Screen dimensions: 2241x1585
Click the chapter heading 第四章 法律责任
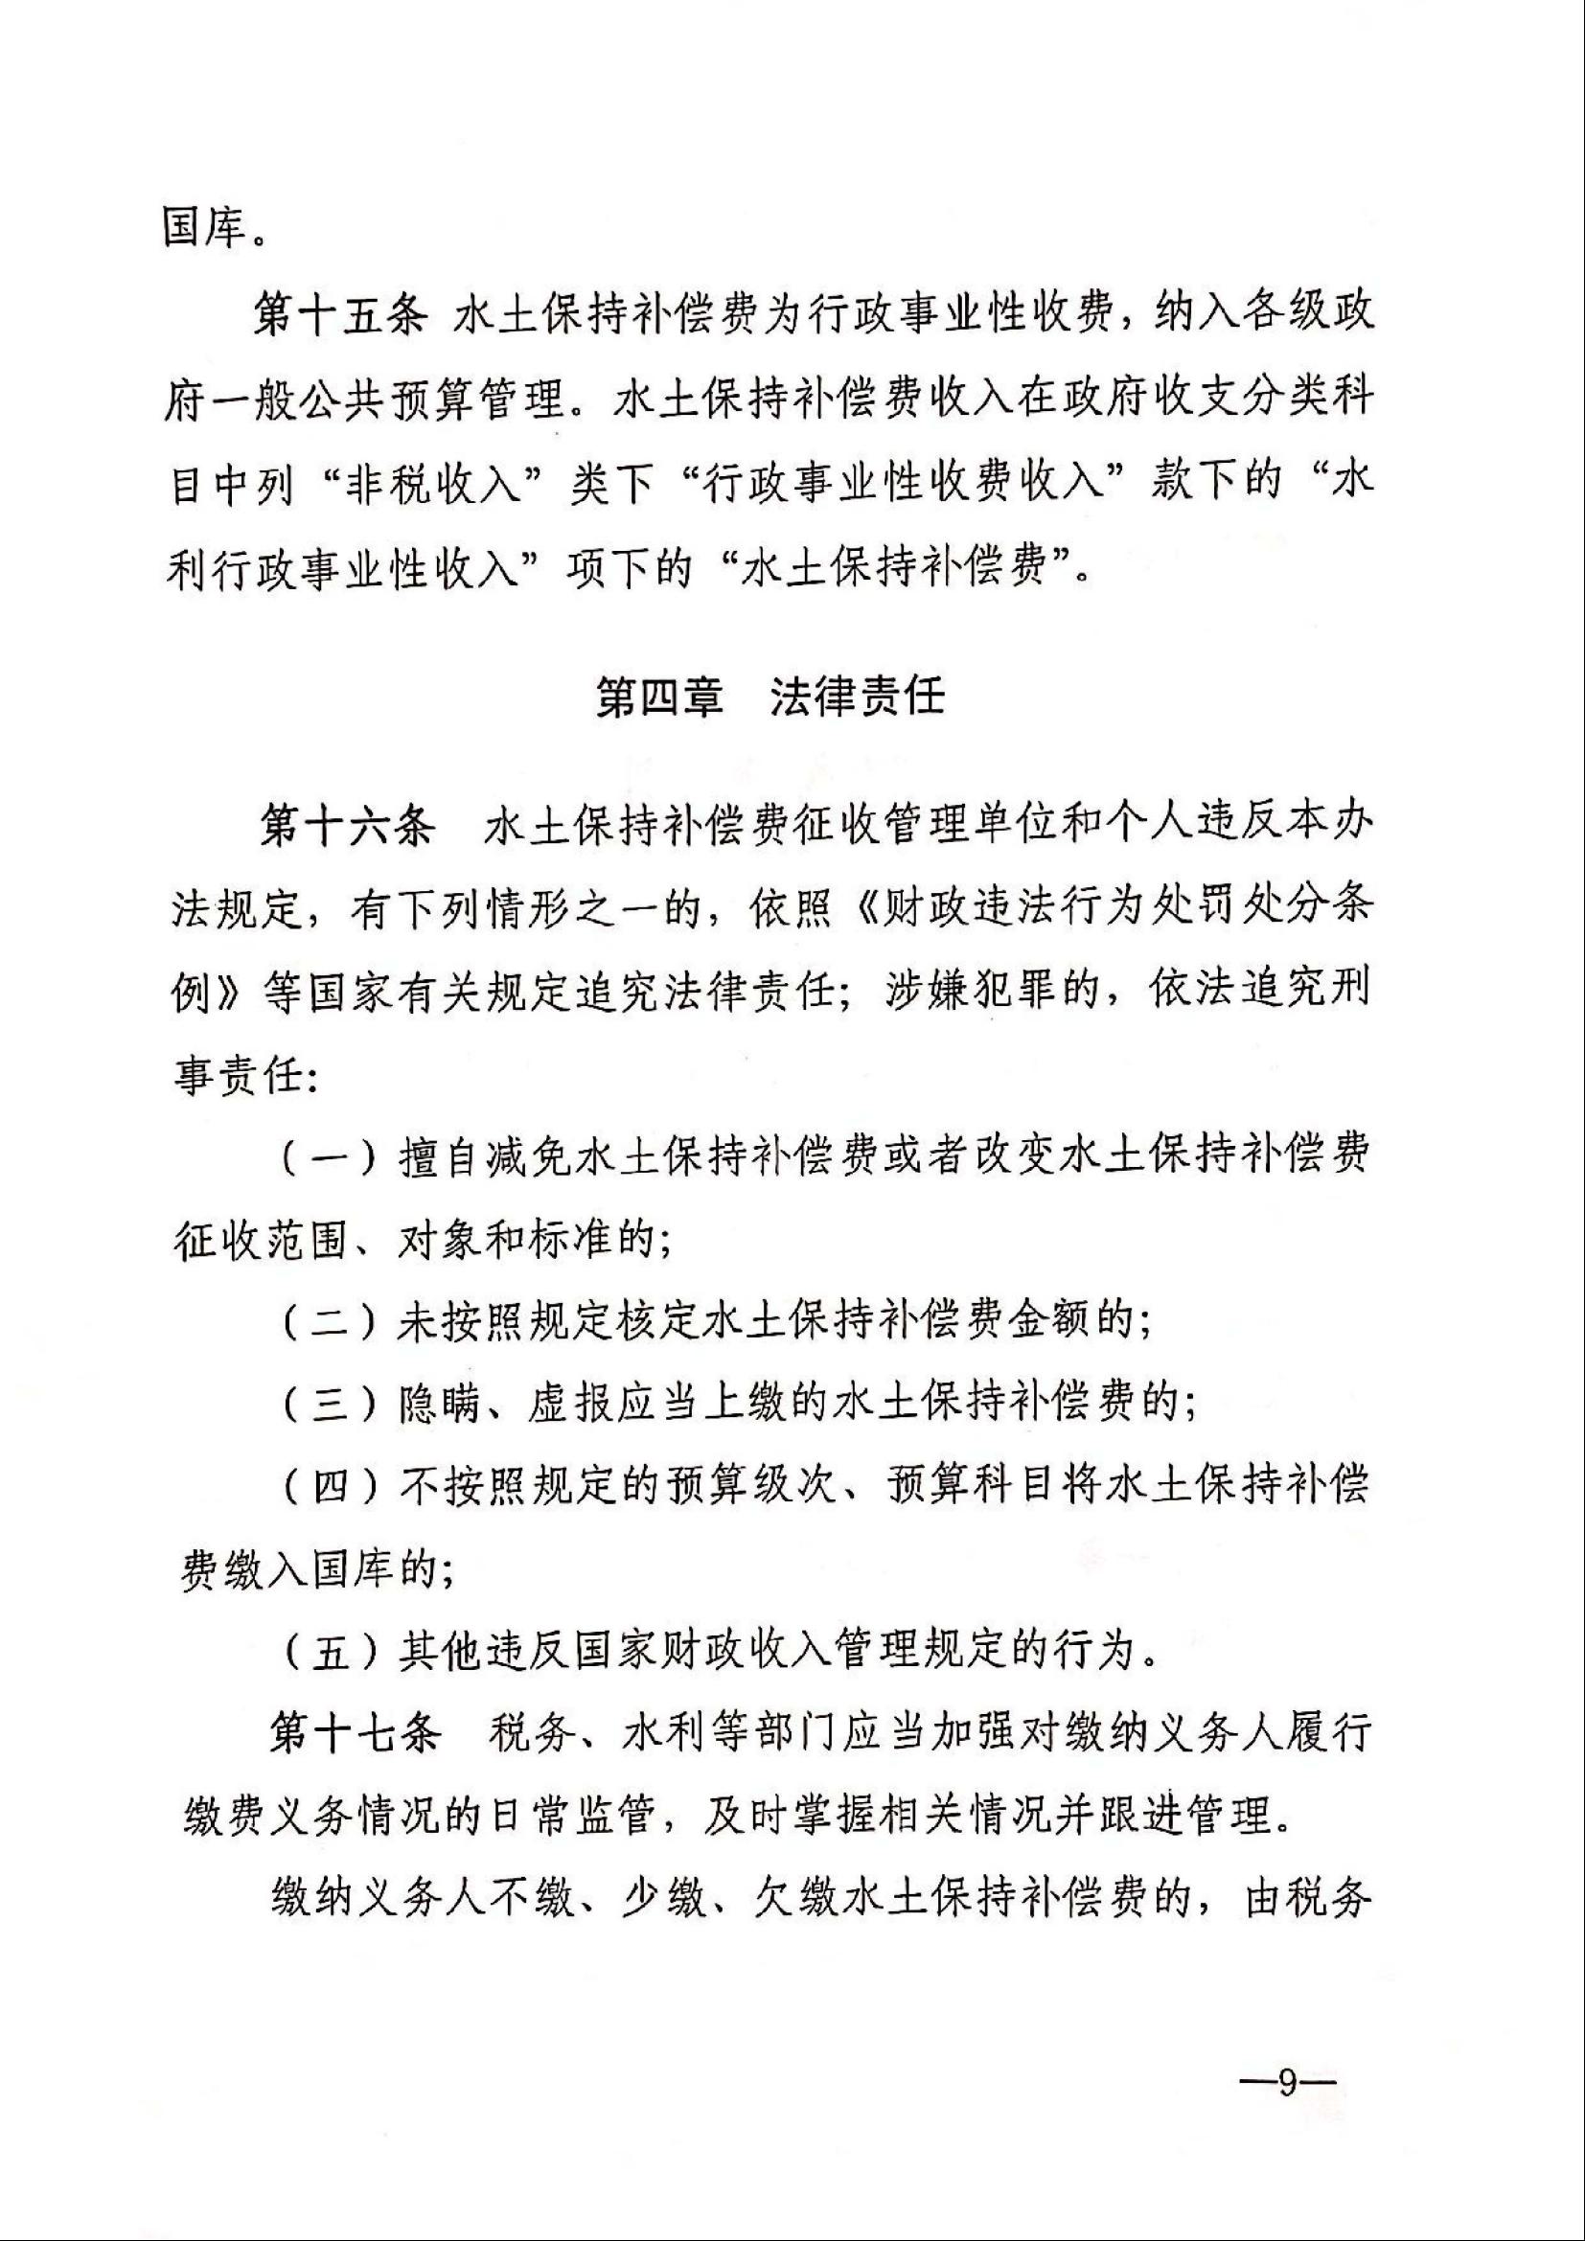click(770, 698)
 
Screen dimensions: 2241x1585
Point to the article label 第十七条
click(355, 1734)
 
